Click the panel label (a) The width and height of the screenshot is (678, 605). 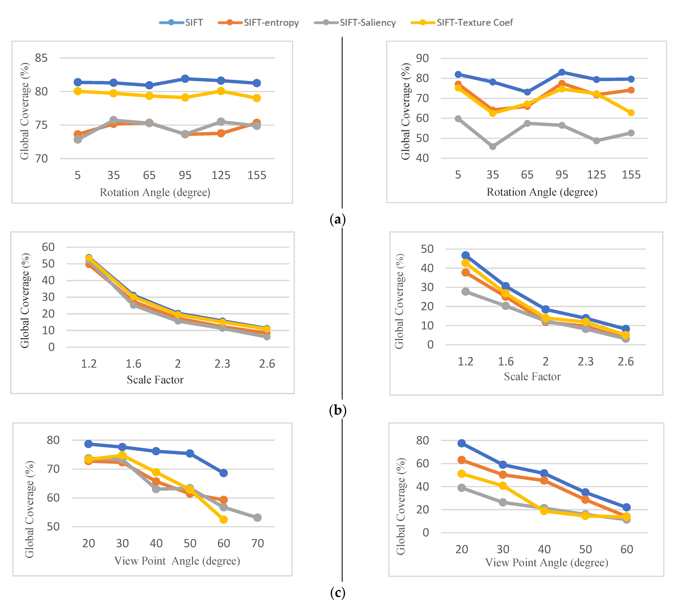[337, 219]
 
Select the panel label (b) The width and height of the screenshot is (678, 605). [337, 410]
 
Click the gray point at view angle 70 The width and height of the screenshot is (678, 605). [257, 518]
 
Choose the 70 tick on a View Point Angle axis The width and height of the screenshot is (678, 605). [257, 543]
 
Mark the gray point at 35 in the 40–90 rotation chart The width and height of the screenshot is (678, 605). [493, 146]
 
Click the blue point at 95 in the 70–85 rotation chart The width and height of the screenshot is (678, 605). [185, 78]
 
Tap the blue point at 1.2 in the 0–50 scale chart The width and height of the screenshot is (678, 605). [465, 255]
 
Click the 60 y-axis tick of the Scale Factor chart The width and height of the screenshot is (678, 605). [48, 247]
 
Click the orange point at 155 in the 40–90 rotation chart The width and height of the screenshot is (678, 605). [631, 90]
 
